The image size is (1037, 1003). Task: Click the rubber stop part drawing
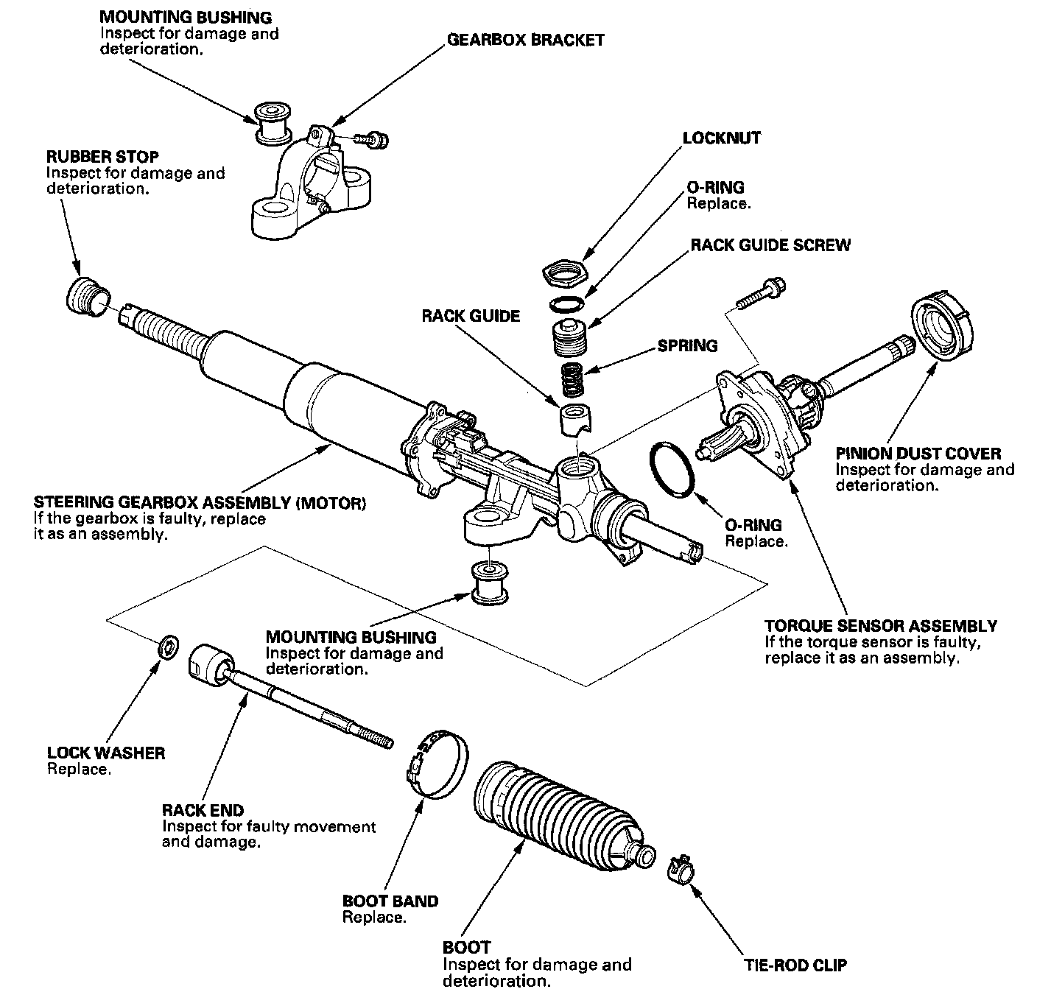[x=88, y=297]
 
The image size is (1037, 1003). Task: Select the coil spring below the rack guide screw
[x=573, y=379]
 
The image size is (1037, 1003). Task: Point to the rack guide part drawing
[x=575, y=420]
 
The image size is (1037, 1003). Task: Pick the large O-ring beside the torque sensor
[x=672, y=470]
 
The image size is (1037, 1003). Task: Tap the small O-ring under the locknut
[x=566, y=304]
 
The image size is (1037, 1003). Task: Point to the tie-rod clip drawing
[x=681, y=869]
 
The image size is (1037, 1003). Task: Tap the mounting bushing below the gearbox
[x=490, y=583]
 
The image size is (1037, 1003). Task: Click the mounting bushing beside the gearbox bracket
[x=273, y=124]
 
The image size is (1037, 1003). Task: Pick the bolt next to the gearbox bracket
[x=371, y=140]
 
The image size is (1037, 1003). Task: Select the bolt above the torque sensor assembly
[x=761, y=293]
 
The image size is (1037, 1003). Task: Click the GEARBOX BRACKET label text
[x=525, y=40]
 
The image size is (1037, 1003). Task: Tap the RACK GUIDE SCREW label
[x=770, y=245]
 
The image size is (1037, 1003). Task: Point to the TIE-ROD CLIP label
[x=795, y=965]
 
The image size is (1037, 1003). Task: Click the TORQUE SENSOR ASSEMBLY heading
[x=881, y=626]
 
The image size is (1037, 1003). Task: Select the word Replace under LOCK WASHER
[x=79, y=769]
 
